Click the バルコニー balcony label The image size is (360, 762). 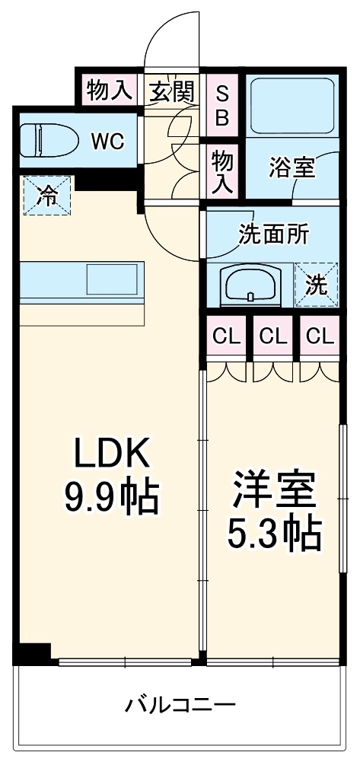(180, 704)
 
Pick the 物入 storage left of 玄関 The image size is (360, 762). (108, 91)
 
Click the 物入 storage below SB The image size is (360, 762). (222, 170)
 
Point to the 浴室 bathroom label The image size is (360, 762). (291, 167)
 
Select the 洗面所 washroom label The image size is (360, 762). (273, 234)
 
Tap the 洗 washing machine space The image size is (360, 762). (317, 284)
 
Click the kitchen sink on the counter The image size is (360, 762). (113, 279)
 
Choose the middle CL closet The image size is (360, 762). (272, 335)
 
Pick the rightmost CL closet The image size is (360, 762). (318, 335)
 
